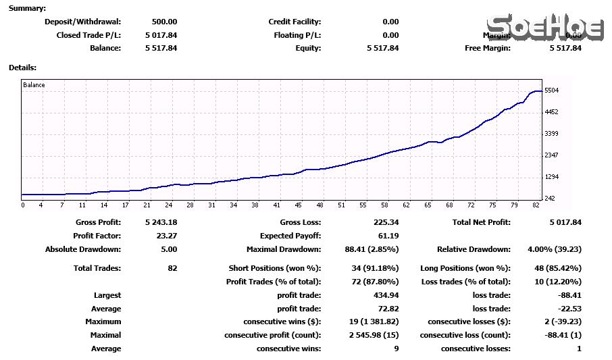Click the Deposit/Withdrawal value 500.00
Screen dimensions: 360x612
164,22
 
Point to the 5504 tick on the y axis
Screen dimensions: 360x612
551,91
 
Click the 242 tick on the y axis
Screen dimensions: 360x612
549,199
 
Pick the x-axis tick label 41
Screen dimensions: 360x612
276,205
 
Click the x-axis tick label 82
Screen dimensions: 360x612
536,205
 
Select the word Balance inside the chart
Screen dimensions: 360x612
34,85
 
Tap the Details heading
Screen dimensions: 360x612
22,68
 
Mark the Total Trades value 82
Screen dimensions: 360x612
172,268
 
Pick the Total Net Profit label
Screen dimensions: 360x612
482,222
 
